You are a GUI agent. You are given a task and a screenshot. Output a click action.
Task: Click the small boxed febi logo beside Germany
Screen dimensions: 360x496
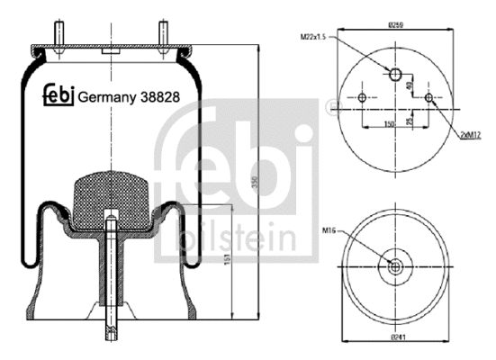click(x=59, y=95)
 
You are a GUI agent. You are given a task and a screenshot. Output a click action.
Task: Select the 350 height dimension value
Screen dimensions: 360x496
click(x=255, y=181)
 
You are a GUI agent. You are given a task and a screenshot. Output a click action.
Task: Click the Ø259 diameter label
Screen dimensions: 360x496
click(x=396, y=25)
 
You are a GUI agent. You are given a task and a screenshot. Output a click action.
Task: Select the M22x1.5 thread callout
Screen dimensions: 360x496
click(x=313, y=37)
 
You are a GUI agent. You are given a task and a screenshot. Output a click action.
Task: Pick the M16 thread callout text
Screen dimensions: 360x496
click(x=330, y=230)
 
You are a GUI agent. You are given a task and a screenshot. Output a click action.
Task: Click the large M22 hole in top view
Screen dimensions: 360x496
click(x=395, y=74)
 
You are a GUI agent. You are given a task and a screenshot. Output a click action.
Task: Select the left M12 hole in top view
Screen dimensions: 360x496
click(x=363, y=97)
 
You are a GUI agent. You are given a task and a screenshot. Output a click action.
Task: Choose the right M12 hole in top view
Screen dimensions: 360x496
click(x=428, y=97)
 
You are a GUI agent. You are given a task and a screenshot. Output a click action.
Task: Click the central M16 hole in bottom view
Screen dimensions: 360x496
click(x=395, y=265)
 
